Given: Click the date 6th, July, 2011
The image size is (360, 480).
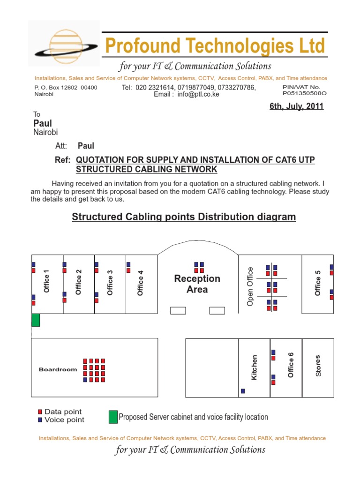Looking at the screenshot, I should (x=296, y=106).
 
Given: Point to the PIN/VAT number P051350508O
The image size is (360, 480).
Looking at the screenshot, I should (x=304, y=93).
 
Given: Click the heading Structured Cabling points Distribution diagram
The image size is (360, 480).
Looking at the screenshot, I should (x=184, y=217).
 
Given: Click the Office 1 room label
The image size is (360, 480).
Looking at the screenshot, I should (x=46, y=281).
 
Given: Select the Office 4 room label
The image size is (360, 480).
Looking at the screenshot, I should (x=140, y=283).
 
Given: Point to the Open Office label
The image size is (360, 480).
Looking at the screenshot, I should (x=250, y=286).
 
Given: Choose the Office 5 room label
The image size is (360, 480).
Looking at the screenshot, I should (x=318, y=283).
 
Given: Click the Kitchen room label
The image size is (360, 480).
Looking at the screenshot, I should (x=255, y=367).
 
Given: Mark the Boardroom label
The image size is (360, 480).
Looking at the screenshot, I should (x=58, y=370).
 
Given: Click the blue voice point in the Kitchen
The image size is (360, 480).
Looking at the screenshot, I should (x=243, y=391).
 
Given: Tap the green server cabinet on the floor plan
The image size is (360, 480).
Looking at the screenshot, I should (x=36, y=320).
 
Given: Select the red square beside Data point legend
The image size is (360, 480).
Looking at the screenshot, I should (x=40, y=412).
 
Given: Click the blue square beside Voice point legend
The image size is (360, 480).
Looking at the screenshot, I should (x=40, y=420).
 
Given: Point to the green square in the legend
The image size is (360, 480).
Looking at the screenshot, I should (x=113, y=417).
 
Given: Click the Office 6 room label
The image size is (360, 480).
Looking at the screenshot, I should (x=291, y=368).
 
